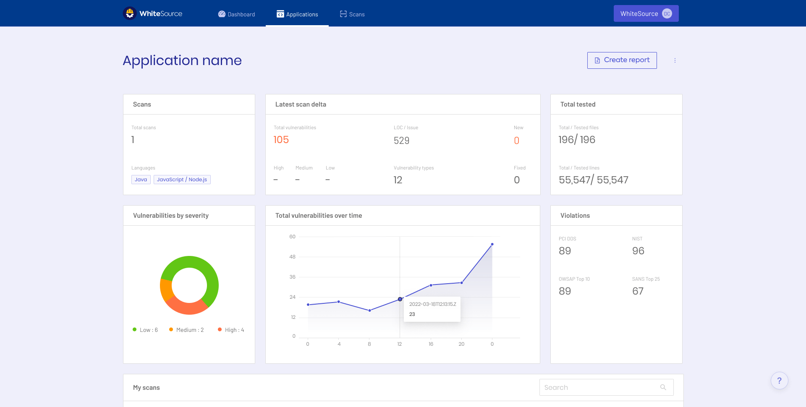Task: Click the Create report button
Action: click(x=622, y=60)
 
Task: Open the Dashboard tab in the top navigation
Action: click(x=237, y=14)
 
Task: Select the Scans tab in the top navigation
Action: click(x=352, y=14)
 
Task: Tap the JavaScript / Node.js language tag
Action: click(x=182, y=180)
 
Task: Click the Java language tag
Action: click(x=141, y=180)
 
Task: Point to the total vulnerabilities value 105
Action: click(x=281, y=140)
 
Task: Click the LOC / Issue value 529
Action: click(x=401, y=141)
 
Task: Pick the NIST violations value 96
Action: click(x=638, y=251)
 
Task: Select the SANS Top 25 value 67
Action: click(x=638, y=291)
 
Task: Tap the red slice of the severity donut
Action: click(x=187, y=308)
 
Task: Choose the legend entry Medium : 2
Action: click(x=186, y=330)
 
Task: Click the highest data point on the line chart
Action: click(x=492, y=244)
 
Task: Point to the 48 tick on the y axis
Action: click(x=292, y=257)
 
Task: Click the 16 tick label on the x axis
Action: click(x=431, y=344)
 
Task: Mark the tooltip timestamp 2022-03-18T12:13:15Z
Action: click(x=432, y=304)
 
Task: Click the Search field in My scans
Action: click(x=600, y=387)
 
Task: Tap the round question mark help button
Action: click(x=779, y=381)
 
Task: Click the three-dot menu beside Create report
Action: click(x=675, y=60)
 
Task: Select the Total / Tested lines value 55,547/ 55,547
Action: click(x=593, y=180)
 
